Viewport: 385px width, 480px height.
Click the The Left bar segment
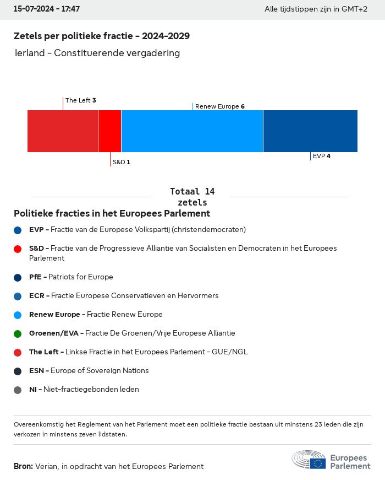pyautogui.click(x=63, y=131)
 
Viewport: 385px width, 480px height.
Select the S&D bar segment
pyautogui.click(x=109, y=131)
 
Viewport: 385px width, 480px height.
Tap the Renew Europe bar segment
pyautogui.click(x=192, y=131)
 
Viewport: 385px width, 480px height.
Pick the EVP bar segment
pyautogui.click(x=310, y=131)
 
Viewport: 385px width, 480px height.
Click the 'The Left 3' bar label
pyautogui.click(x=81, y=100)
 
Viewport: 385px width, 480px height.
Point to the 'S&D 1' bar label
pyautogui.click(x=121, y=162)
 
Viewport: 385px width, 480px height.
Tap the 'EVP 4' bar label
pyautogui.click(x=322, y=156)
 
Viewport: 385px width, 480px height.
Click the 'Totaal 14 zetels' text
pyautogui.click(x=193, y=197)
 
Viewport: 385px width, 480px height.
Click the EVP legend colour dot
pyautogui.click(x=18, y=230)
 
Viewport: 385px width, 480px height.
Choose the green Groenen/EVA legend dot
pyautogui.click(x=18, y=333)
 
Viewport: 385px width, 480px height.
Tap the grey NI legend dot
pyautogui.click(x=18, y=390)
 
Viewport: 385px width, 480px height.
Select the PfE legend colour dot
pyautogui.click(x=18, y=277)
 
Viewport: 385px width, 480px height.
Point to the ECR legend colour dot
pyautogui.click(x=18, y=296)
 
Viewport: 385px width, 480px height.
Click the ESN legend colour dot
pyautogui.click(x=18, y=371)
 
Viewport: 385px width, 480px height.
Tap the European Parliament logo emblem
pyautogui.click(x=309, y=460)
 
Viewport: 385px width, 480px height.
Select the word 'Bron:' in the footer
pyautogui.click(x=23, y=466)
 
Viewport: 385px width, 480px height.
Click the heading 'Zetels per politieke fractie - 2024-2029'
pyautogui.click(x=102, y=36)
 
